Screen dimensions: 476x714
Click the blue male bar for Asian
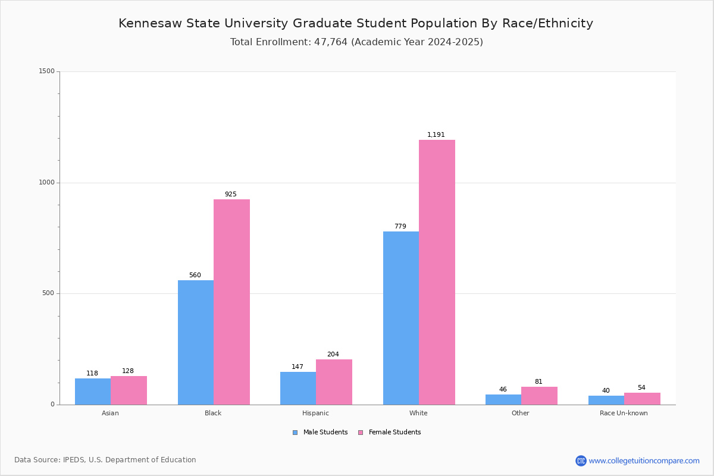(x=93, y=392)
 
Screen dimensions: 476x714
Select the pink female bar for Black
(x=231, y=302)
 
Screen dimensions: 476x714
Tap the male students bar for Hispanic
(x=298, y=388)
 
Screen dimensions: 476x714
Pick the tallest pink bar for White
(x=437, y=272)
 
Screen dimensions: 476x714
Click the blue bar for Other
(x=503, y=399)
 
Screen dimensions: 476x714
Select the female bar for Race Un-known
(x=642, y=399)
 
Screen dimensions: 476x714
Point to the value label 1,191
(x=436, y=135)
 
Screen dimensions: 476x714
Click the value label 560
(x=195, y=275)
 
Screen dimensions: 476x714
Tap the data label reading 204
(x=333, y=355)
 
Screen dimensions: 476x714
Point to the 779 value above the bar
(x=400, y=227)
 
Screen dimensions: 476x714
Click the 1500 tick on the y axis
(x=47, y=71)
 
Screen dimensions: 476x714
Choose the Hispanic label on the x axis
(x=315, y=413)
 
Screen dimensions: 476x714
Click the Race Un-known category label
(x=624, y=413)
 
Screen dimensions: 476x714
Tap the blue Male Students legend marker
(x=295, y=433)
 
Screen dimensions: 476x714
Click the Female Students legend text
(x=394, y=433)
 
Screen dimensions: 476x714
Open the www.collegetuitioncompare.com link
(x=644, y=461)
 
